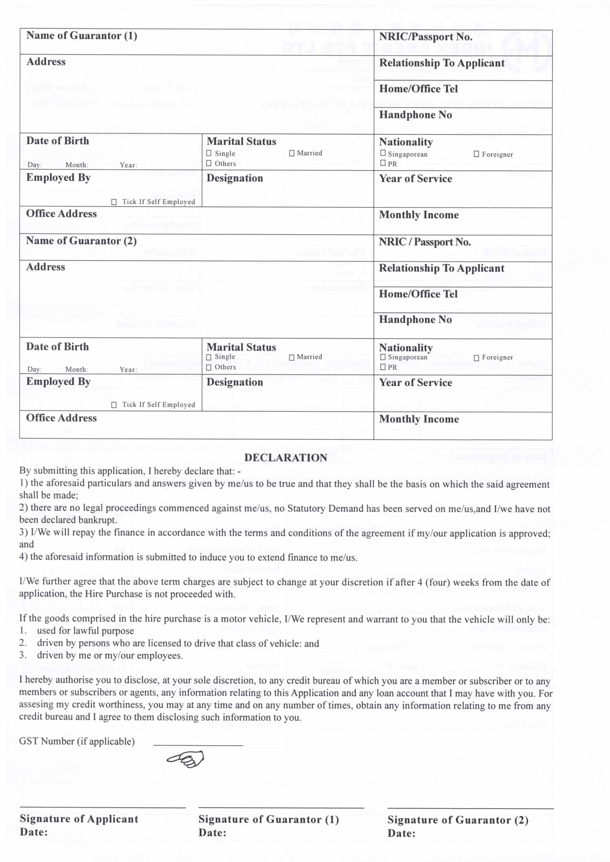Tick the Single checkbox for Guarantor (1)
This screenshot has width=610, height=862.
[x=209, y=153]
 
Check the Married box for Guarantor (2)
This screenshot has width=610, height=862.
[x=291, y=357]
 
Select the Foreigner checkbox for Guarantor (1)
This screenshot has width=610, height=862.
[x=476, y=154]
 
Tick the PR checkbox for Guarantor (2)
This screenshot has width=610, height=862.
[x=383, y=367]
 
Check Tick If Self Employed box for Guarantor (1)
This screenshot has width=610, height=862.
[x=114, y=202]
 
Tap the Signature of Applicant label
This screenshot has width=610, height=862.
[x=79, y=819]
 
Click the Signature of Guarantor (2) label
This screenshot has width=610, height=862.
[x=458, y=820]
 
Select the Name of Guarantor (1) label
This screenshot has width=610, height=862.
[x=82, y=36]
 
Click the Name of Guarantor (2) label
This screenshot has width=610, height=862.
[x=81, y=241]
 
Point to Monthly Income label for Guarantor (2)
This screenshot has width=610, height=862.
[x=419, y=419]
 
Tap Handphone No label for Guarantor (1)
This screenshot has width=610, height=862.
[x=416, y=115]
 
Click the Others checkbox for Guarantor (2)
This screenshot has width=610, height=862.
[x=209, y=367]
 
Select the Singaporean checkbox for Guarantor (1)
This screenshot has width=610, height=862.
[x=383, y=153]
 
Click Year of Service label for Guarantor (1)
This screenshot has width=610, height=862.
[x=416, y=179]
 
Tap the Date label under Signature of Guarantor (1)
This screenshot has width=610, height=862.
[x=212, y=833]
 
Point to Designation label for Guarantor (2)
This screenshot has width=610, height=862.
[x=235, y=382]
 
